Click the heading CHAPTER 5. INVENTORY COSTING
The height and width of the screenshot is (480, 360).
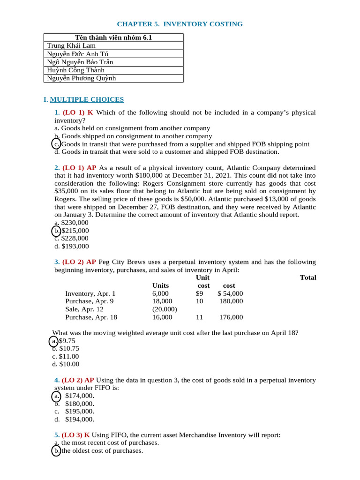pyautogui.click(x=180, y=24)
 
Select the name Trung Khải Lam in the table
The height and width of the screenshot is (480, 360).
pyautogui.click(x=71, y=45)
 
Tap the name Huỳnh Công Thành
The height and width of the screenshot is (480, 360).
pyautogui.click(x=75, y=70)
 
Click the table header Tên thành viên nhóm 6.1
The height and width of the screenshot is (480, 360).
pyautogui.click(x=113, y=37)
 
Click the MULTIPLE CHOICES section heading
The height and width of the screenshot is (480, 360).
pyautogui.click(x=87, y=99)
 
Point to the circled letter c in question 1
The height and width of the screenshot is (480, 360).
pyautogui.click(x=56, y=144)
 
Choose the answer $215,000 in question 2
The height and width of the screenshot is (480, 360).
pyautogui.click(x=75, y=231)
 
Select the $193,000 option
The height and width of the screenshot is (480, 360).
pyautogui.click(x=75, y=246)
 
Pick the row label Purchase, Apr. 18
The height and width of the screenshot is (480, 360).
pyautogui.click(x=91, y=317)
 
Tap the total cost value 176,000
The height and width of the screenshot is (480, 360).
pyautogui.click(x=231, y=317)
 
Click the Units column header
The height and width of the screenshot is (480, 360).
pyautogui.click(x=160, y=285)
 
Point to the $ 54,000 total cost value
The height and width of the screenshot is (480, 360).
pyautogui.click(x=230, y=293)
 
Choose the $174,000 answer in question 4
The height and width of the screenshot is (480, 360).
pyautogui.click(x=79, y=396)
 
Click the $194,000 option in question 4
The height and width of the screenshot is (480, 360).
pyautogui.click(x=79, y=420)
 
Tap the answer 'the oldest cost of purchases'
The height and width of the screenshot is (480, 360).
pyautogui.click(x=102, y=451)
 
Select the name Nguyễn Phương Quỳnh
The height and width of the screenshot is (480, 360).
pyautogui.click(x=81, y=78)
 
